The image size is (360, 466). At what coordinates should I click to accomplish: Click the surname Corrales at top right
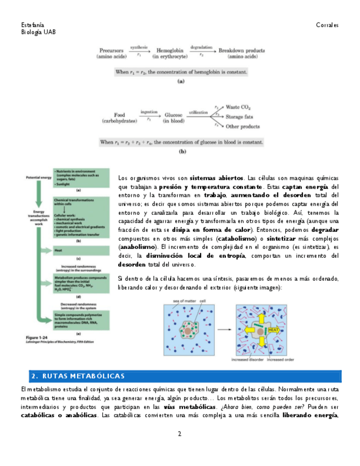pyautogui.click(x=327, y=25)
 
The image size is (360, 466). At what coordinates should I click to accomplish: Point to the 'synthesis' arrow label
pyautogui.click(x=139, y=47)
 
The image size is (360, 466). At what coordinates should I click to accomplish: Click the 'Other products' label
pyautogui.click(x=243, y=126)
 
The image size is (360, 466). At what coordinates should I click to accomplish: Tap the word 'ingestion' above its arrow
pyautogui.click(x=149, y=112)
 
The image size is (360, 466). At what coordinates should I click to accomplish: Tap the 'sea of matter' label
pyautogui.click(x=184, y=301)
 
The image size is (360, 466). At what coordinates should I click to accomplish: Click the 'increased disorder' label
pyautogui.click(x=247, y=360)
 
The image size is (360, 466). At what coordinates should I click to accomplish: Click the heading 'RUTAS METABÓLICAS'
pyautogui.click(x=82, y=376)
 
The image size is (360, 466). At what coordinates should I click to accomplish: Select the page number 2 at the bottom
pyautogui.click(x=179, y=434)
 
